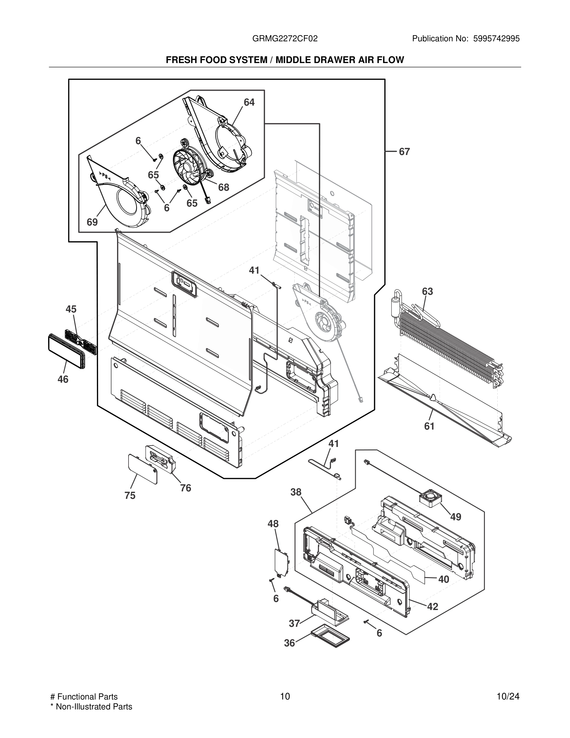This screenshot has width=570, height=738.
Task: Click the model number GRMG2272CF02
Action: (x=285, y=39)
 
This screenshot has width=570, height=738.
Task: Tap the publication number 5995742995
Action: (x=496, y=39)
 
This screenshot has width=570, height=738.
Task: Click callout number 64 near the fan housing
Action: (x=249, y=102)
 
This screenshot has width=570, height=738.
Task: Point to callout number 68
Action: (x=224, y=187)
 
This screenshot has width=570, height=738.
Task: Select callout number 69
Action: (x=92, y=222)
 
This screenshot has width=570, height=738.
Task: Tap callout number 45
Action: (x=71, y=309)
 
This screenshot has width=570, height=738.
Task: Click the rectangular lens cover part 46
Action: (x=66, y=351)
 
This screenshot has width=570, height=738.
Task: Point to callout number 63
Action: (x=427, y=291)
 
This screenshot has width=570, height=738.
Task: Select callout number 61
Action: (x=429, y=426)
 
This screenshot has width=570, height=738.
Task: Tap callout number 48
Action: (x=273, y=524)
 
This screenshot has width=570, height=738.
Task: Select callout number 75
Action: (x=130, y=495)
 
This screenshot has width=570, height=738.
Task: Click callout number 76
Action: (x=185, y=488)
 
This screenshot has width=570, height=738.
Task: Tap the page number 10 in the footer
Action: (x=285, y=696)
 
